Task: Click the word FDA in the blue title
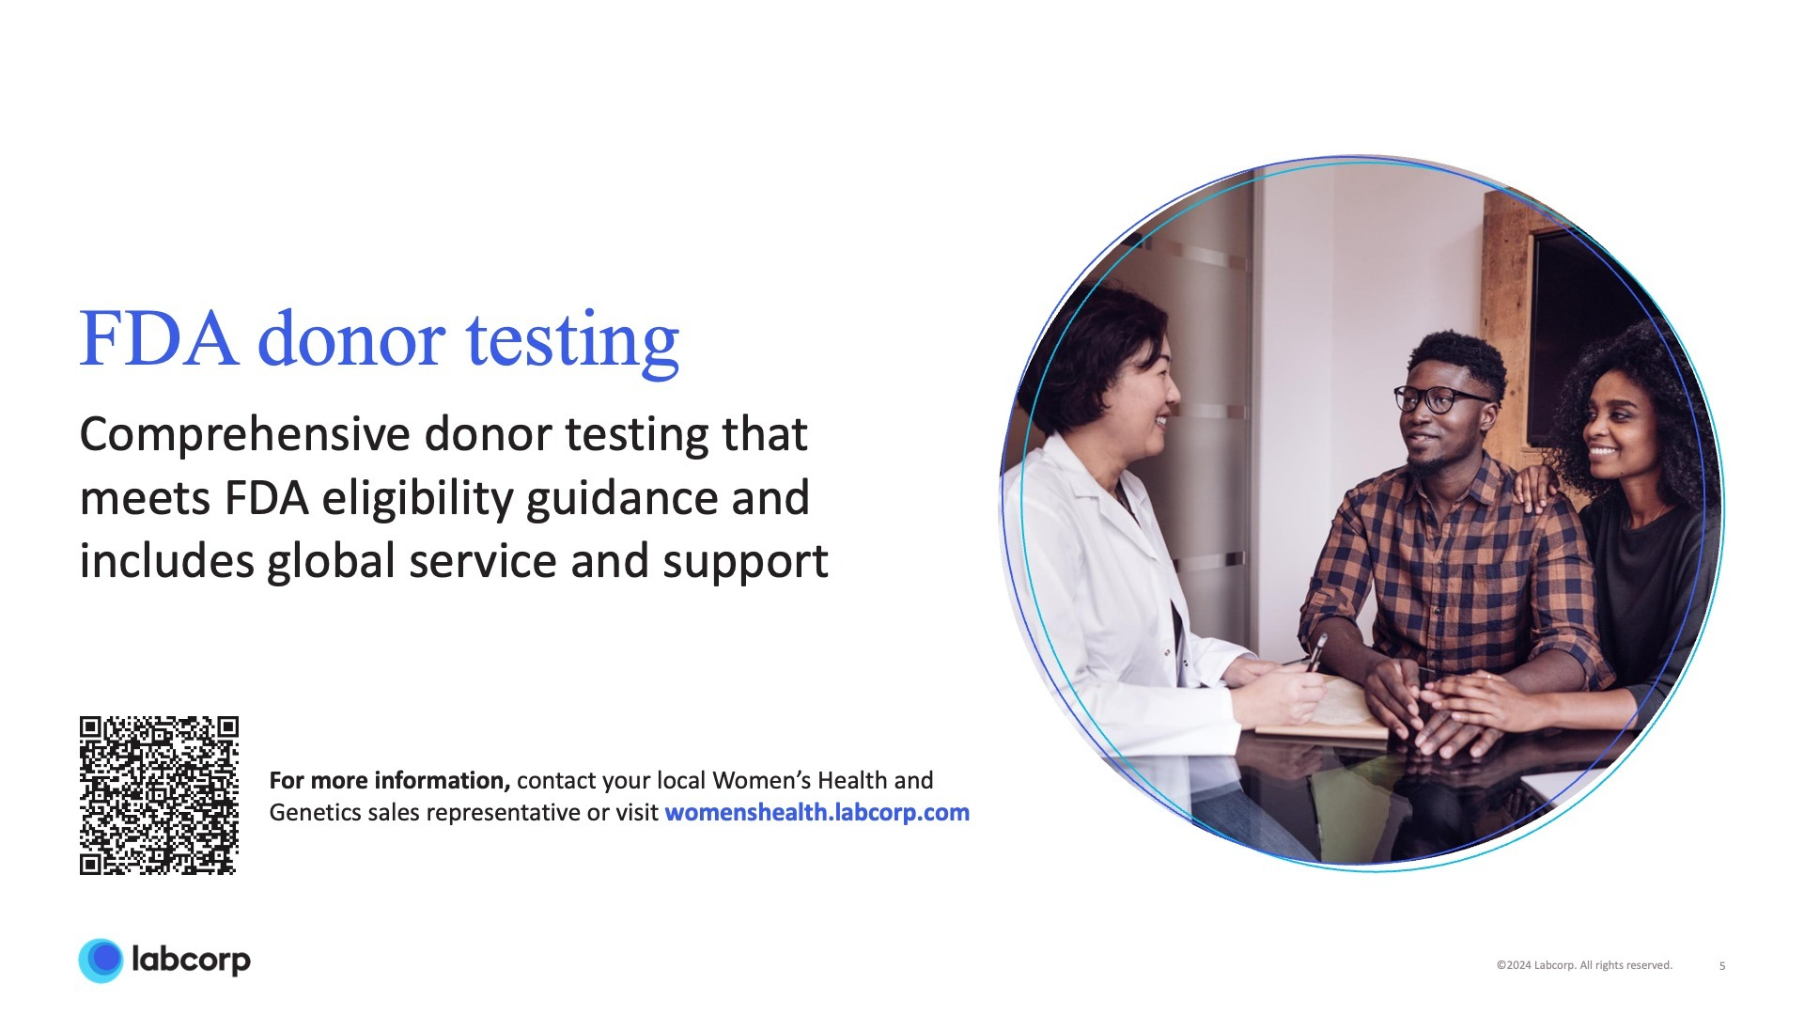click(157, 339)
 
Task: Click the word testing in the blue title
click(572, 342)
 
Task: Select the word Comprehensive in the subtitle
click(244, 436)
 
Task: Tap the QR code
click(159, 795)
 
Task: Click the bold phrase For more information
click(389, 781)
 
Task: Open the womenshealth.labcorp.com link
click(816, 813)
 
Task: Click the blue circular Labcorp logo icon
click(101, 960)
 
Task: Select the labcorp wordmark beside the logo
click(192, 960)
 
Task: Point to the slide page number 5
click(1722, 966)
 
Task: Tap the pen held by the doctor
click(1317, 651)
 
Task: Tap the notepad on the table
click(1334, 714)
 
